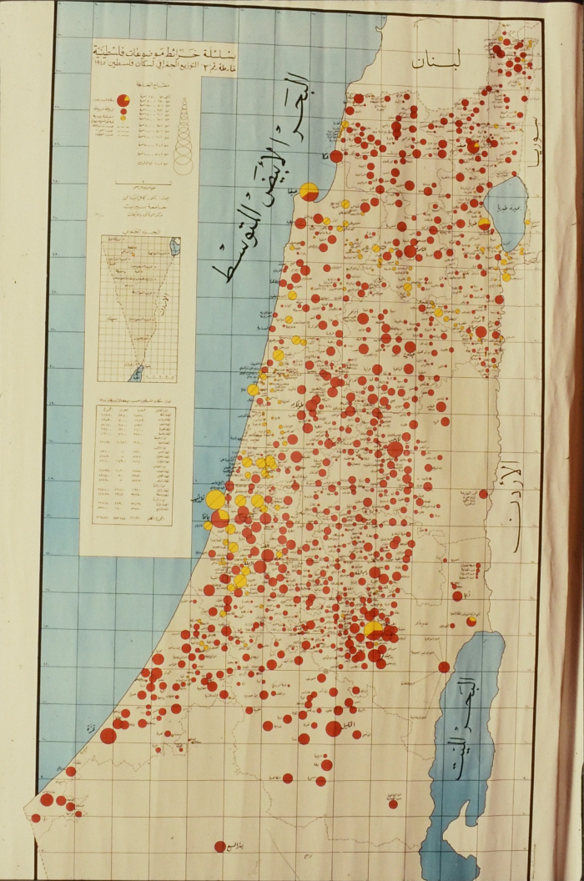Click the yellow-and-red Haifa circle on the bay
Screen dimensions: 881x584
pos(309,192)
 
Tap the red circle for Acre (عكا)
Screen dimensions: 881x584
pos(335,156)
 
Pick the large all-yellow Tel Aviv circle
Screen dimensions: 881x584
pos(215,500)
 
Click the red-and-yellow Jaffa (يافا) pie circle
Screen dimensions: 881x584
pos(220,519)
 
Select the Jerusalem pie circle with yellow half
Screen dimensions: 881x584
pos(374,629)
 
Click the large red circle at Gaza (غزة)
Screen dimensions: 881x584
pos(108,735)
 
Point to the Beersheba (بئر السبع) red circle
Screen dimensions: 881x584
pos(220,846)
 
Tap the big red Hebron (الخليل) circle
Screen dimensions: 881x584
pos(333,728)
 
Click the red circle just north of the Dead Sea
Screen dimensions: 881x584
pos(444,667)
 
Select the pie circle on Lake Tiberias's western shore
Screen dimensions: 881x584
pos(484,224)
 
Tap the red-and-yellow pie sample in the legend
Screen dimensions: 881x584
pos(123,100)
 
